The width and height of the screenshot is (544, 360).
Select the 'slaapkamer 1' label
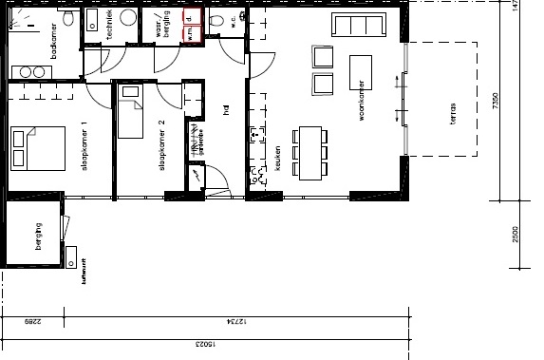83,147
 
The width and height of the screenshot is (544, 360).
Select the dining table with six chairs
310,152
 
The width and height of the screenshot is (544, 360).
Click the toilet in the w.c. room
217,21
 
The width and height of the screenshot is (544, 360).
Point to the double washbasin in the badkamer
30,72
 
